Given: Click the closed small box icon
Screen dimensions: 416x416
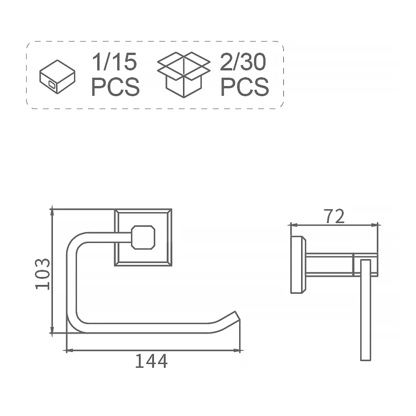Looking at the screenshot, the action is coord(58,77).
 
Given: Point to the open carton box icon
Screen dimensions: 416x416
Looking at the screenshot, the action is coord(184,75).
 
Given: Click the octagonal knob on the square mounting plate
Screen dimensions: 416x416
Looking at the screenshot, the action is coord(143,237).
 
